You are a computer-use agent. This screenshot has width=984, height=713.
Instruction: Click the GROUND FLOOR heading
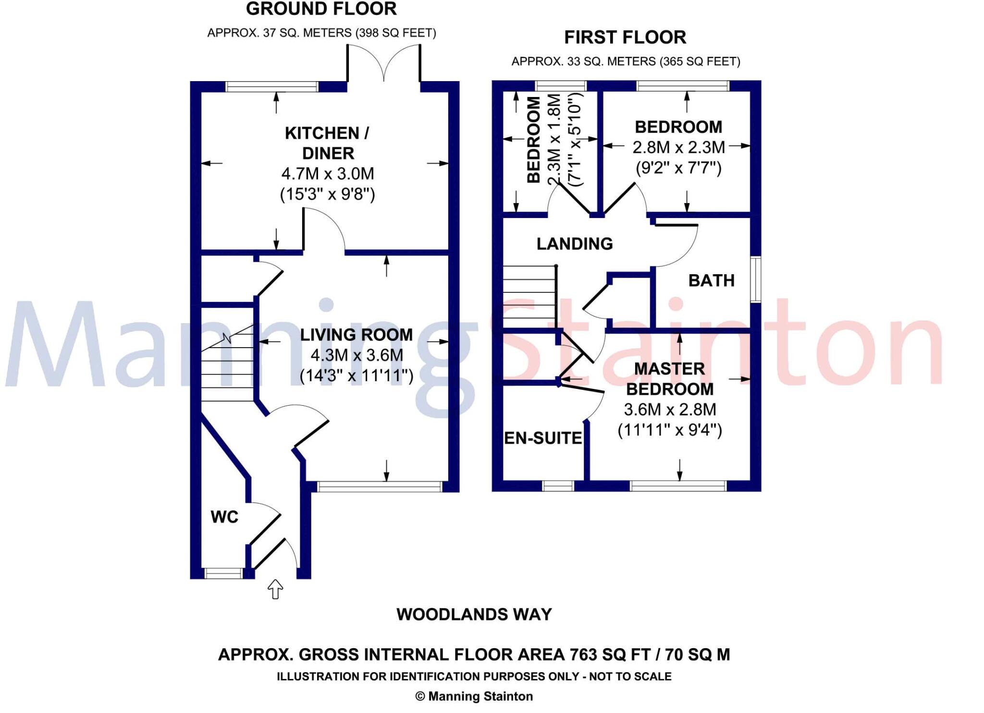click(x=321, y=9)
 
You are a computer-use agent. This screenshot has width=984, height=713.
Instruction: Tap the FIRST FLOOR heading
click(x=625, y=37)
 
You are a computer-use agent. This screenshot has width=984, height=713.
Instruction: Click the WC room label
click(x=224, y=517)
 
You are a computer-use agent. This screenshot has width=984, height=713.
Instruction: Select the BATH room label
click(x=711, y=280)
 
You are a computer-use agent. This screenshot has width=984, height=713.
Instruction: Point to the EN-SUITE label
click(x=543, y=438)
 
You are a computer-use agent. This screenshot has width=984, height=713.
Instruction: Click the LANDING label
click(x=575, y=244)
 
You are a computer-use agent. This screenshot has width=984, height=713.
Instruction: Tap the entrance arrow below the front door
click(x=275, y=589)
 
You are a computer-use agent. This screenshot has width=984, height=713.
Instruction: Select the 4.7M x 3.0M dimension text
click(x=328, y=173)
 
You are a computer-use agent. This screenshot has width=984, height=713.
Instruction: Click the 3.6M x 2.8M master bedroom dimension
click(x=670, y=410)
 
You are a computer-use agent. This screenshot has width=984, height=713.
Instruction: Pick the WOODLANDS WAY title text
click(x=474, y=615)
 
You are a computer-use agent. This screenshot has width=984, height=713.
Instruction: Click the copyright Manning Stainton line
click(x=474, y=696)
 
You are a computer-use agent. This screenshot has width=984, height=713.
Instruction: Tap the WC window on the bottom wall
click(x=223, y=573)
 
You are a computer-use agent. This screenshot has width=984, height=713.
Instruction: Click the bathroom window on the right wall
click(x=755, y=279)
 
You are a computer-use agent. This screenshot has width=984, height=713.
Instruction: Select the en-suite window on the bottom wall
click(x=558, y=486)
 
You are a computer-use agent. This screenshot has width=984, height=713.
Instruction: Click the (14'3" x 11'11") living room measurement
click(x=357, y=376)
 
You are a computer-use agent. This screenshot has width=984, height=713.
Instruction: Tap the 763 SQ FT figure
click(x=609, y=654)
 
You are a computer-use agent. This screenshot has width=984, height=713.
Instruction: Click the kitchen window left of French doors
click(x=272, y=87)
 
